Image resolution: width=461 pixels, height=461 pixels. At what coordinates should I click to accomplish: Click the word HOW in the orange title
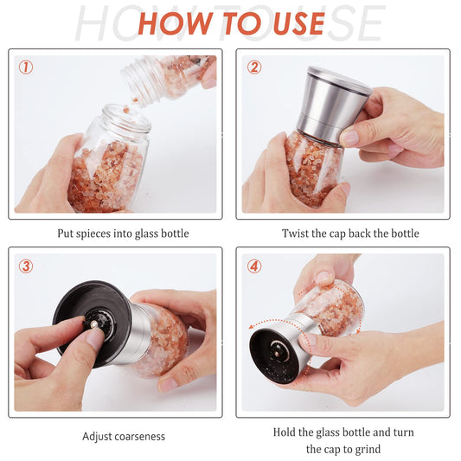[173, 23]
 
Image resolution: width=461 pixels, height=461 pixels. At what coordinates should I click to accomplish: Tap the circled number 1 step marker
[26, 67]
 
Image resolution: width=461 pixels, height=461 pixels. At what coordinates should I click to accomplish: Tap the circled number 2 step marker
[254, 67]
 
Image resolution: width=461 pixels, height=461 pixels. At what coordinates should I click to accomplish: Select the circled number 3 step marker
[26, 266]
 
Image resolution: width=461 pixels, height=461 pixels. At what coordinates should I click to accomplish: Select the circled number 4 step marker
[254, 266]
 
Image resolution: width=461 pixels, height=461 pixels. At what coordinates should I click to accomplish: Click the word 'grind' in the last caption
[366, 449]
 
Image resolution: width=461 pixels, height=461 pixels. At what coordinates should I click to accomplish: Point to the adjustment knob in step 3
[100, 323]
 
